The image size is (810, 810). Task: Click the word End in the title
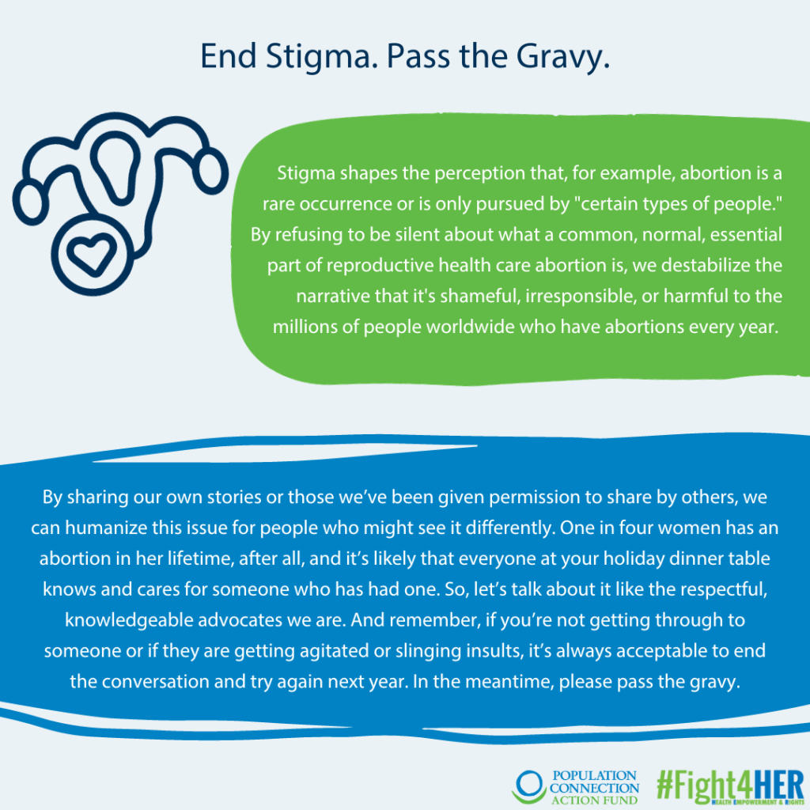pos(229,56)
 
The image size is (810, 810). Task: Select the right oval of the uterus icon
pos(210,171)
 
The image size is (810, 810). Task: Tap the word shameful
pos(480,296)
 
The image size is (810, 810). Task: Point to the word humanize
pos(106,528)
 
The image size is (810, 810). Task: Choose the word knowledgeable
pos(129,620)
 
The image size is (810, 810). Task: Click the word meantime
pos(509,681)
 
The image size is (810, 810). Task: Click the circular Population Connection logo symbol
pos(529,787)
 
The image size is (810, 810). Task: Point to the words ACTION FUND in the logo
pos(595,801)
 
